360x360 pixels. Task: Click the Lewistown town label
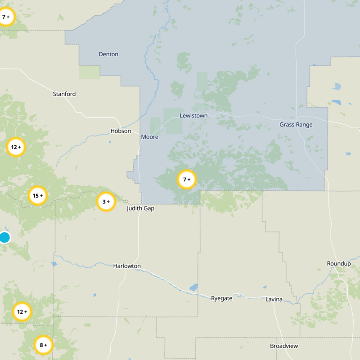[193, 116]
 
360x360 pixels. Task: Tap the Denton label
[108, 54]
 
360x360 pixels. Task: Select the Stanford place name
[64, 94]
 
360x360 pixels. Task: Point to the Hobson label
[121, 131]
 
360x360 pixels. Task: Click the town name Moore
[149, 137]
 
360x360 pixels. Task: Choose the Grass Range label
[296, 125]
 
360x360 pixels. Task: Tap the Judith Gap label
[140, 208]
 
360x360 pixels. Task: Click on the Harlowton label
[127, 266]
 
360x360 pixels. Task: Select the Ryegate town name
[221, 298]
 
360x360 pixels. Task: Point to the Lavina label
[274, 299]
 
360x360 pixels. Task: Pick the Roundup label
[338, 264]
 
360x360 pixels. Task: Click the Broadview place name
[283, 346]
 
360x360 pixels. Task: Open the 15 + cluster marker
[38, 196]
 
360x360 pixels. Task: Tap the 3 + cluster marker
[106, 202]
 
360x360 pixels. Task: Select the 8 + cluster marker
[44, 345]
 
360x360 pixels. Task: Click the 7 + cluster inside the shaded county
[187, 179]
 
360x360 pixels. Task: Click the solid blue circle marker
[4, 237]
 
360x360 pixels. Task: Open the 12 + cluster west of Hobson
[16, 147]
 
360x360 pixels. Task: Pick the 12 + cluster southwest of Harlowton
[22, 311]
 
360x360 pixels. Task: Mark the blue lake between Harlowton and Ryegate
[193, 287]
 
